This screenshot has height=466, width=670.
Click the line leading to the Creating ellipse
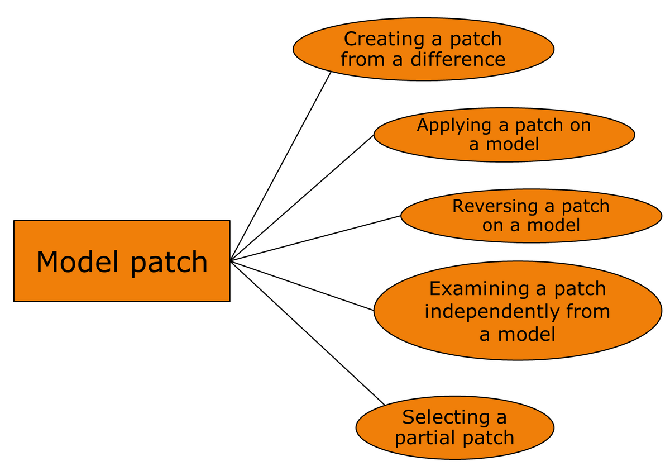(281, 167)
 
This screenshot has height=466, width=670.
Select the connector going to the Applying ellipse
(301, 198)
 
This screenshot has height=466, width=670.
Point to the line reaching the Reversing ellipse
(315, 238)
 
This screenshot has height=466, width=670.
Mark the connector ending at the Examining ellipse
(301, 285)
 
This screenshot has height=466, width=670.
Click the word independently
(492, 311)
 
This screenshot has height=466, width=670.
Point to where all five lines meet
(231, 261)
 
